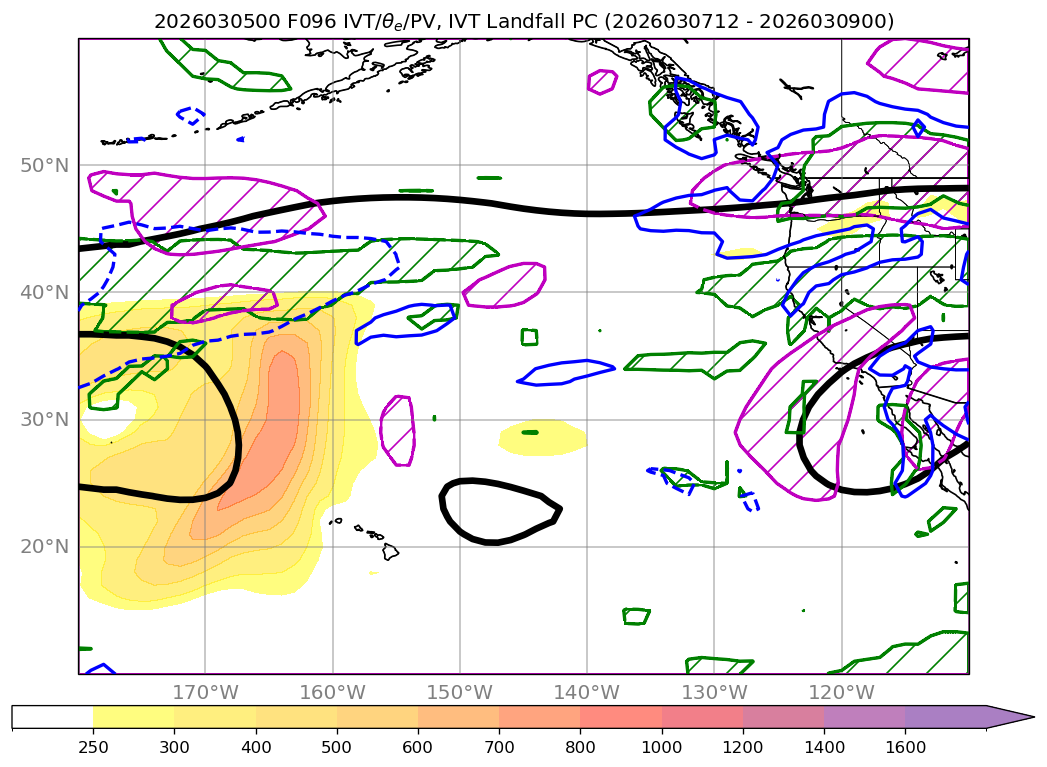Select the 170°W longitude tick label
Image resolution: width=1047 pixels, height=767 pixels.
coord(205,692)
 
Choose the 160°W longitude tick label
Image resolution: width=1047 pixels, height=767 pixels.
coord(332,692)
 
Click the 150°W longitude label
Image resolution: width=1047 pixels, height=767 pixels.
coord(459,692)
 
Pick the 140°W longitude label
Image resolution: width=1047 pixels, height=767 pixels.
coord(587,692)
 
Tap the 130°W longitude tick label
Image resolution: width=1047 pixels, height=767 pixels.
coord(714,692)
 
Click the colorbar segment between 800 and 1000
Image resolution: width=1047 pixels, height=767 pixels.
coord(620,717)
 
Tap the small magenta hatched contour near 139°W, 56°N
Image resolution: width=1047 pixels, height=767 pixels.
coord(602,81)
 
